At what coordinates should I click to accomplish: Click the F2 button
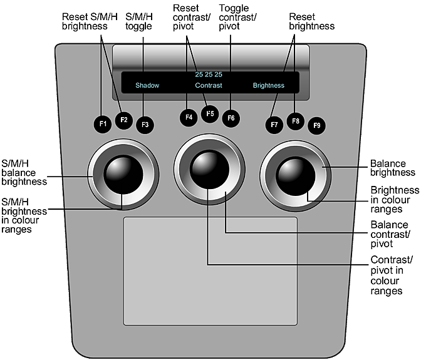[124, 120]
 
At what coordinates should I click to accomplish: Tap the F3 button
[145, 124]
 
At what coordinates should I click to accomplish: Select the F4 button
[188, 117]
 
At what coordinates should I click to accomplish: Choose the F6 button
[231, 117]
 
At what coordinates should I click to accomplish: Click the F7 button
[274, 125]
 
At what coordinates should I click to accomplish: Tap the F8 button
[296, 121]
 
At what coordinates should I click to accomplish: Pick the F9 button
[317, 126]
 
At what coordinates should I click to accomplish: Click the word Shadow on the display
[147, 85]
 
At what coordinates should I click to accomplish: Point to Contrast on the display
[209, 85]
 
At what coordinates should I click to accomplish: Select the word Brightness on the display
[268, 85]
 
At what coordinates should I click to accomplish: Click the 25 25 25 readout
[209, 75]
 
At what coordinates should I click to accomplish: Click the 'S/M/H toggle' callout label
[139, 22]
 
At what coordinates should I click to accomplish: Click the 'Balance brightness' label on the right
[393, 168]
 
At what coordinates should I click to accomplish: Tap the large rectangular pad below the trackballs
[209, 270]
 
